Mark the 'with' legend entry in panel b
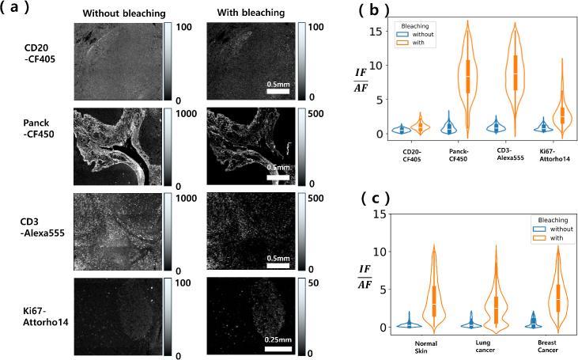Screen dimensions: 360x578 425,44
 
